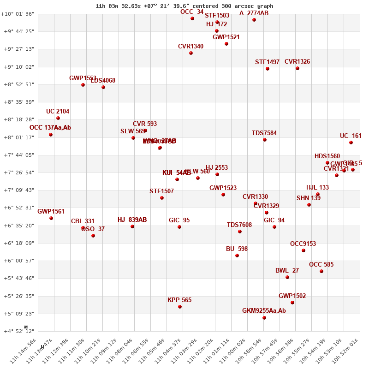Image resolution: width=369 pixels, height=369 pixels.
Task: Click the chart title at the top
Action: click(x=184, y=6)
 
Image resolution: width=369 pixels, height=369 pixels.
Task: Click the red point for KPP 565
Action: click(x=180, y=307)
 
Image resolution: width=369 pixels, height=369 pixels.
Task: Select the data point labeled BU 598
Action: click(x=237, y=256)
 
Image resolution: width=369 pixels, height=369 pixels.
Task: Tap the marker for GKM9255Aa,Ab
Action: click(x=264, y=318)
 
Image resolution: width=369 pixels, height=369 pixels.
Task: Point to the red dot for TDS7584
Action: click(x=265, y=140)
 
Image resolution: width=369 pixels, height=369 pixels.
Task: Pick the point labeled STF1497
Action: click(x=268, y=69)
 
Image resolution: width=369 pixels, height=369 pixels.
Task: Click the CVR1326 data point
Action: click(x=298, y=68)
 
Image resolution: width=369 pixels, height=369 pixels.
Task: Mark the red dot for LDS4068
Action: click(x=103, y=87)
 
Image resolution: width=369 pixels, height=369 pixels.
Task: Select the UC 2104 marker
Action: click(x=58, y=118)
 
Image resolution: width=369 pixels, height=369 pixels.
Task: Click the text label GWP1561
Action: click(x=51, y=212)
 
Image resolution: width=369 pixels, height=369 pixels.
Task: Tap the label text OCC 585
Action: click(x=321, y=265)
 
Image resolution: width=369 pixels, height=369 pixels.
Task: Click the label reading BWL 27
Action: click(x=287, y=271)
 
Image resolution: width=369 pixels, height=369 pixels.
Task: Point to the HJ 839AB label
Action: click(x=132, y=220)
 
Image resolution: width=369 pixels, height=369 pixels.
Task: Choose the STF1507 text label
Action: click(x=161, y=191)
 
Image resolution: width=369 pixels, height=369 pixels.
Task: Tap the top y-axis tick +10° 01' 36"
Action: click(x=18, y=14)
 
